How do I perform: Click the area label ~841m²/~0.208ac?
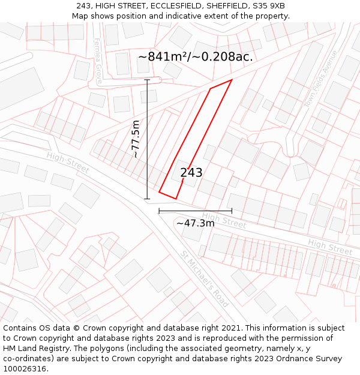point(196,57)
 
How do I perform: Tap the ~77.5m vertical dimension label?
point(136,139)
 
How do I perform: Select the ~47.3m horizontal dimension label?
point(195,223)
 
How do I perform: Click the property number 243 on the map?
point(191,173)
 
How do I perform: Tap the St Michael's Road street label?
point(205,279)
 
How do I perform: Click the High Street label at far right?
point(330,246)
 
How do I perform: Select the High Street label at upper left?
point(67,163)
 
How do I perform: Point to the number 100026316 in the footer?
point(26,369)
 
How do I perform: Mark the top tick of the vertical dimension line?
point(147,79)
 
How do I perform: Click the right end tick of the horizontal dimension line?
point(232,211)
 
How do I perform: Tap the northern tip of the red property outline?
point(231,80)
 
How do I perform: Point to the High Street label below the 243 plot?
point(224,220)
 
